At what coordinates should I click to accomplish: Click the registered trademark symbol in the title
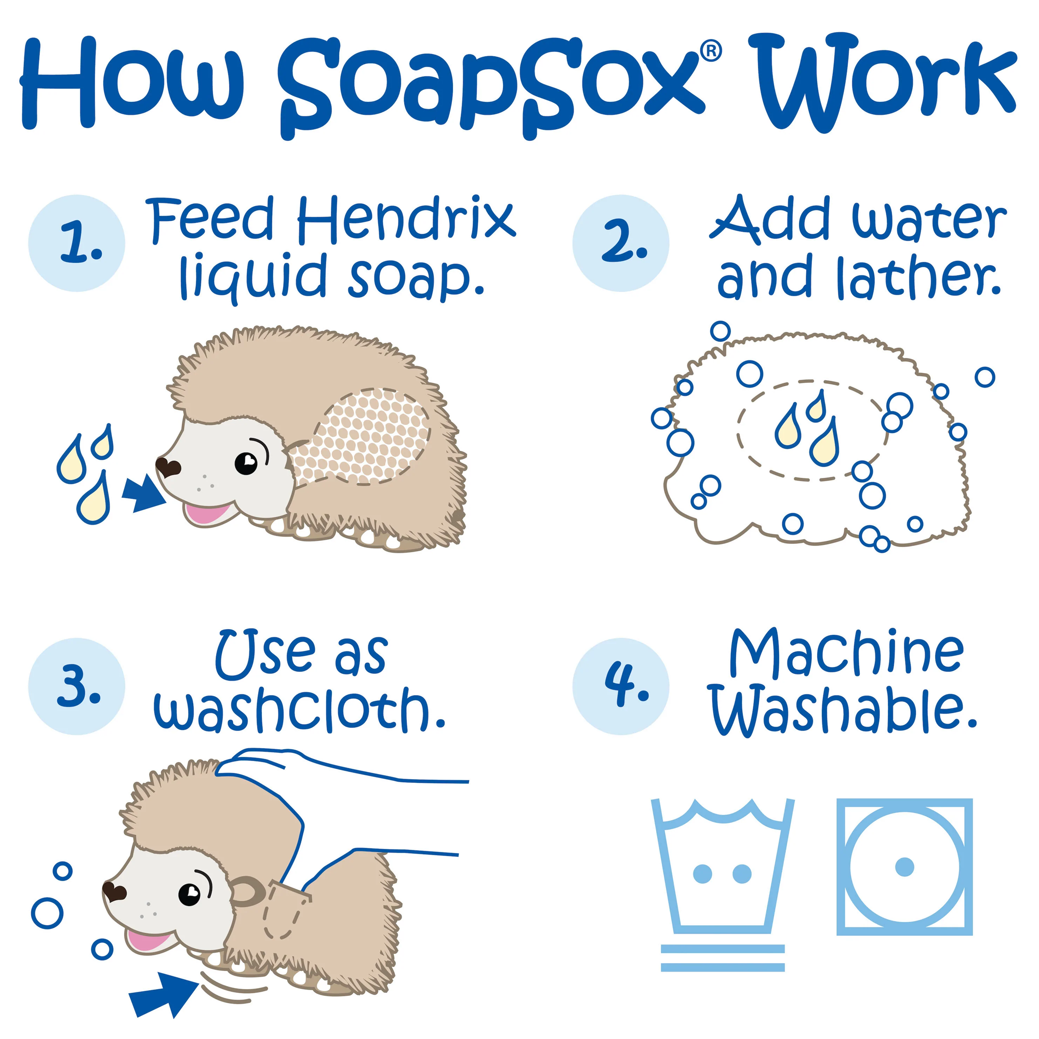click(711, 51)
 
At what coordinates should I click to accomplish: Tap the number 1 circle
click(77, 243)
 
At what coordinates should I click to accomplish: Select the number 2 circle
click(621, 243)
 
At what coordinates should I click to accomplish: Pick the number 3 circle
click(77, 687)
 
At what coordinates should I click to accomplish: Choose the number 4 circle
click(621, 687)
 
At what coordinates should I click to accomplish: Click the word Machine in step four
click(846, 653)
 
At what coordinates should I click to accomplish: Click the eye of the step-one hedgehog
click(246, 462)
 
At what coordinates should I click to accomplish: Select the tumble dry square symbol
click(904, 867)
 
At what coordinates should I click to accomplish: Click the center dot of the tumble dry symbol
click(904, 867)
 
